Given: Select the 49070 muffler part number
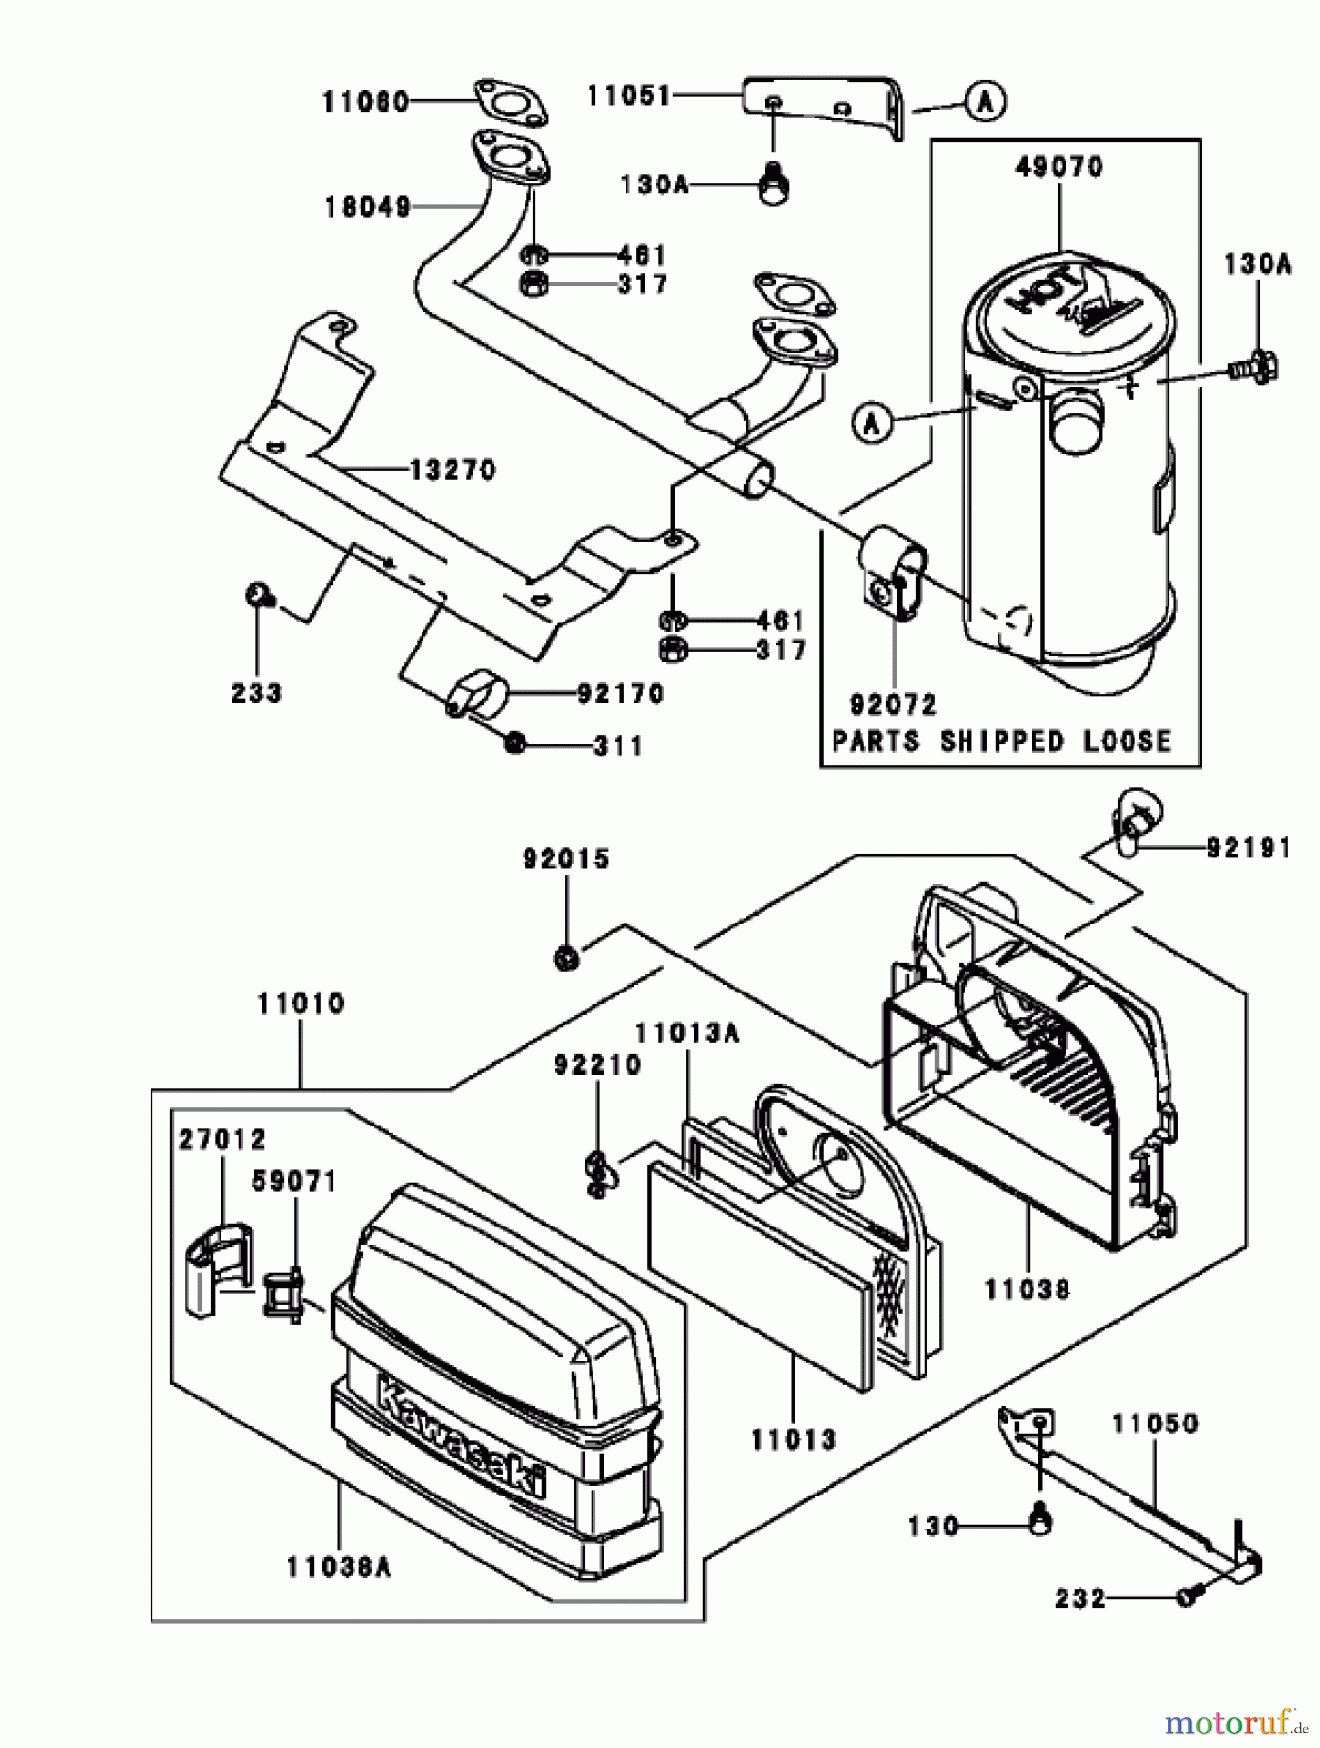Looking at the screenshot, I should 1059,167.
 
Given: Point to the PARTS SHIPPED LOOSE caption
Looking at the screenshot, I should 1002,741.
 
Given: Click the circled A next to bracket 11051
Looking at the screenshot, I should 986,101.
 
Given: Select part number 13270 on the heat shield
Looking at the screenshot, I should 452,470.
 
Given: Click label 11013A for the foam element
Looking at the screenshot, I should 687,1033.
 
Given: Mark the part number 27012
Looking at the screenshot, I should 221,1138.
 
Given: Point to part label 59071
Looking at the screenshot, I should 293,1182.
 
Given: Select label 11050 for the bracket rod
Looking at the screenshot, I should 1156,1425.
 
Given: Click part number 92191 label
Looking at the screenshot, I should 1249,848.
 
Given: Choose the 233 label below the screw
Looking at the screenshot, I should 256,692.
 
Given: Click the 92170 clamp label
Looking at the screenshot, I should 621,693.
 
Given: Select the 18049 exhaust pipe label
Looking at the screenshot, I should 367,207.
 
